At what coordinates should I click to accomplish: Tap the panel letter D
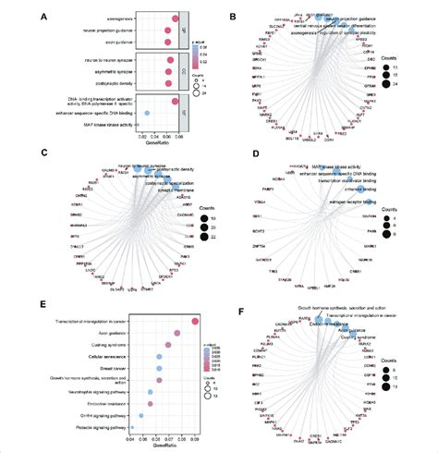(x=231, y=155)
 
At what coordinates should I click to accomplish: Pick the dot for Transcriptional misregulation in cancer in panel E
(x=195, y=322)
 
